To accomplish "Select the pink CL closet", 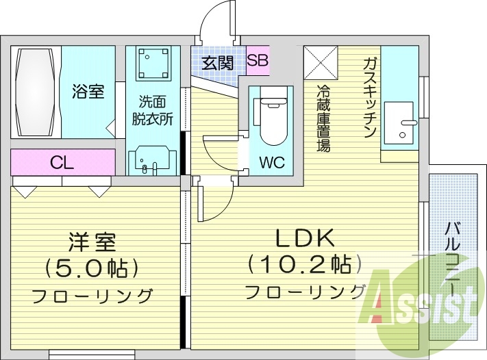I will (62, 163).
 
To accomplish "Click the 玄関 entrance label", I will (218, 63).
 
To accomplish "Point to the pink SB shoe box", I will (258, 61).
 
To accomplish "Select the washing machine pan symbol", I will (152, 64).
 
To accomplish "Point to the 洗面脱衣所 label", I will (152, 110).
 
